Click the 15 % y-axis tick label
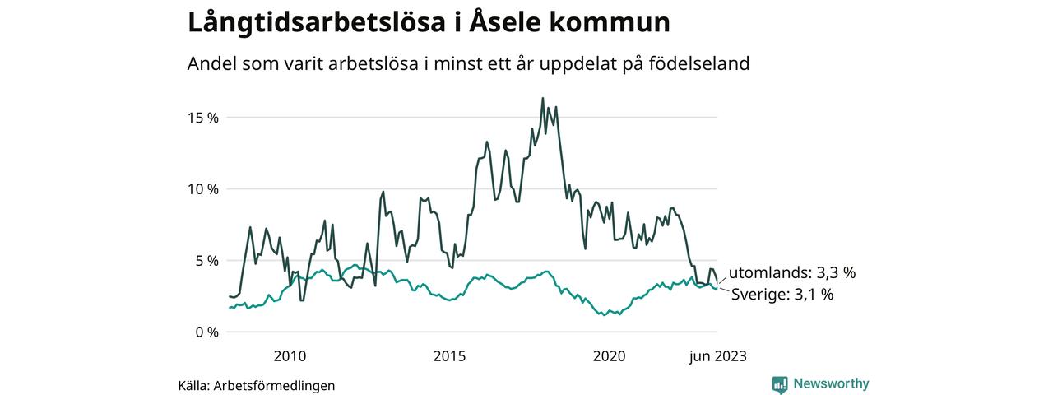(201, 118)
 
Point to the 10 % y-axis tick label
(201, 189)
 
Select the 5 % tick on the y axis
(205, 261)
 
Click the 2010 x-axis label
(290, 356)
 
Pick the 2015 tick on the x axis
(449, 356)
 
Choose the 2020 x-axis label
(609, 356)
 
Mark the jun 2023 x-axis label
(717, 356)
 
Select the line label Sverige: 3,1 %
(782, 294)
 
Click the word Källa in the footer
(193, 385)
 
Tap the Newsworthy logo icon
(780, 384)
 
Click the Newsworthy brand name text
(831, 383)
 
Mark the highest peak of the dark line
(543, 98)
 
